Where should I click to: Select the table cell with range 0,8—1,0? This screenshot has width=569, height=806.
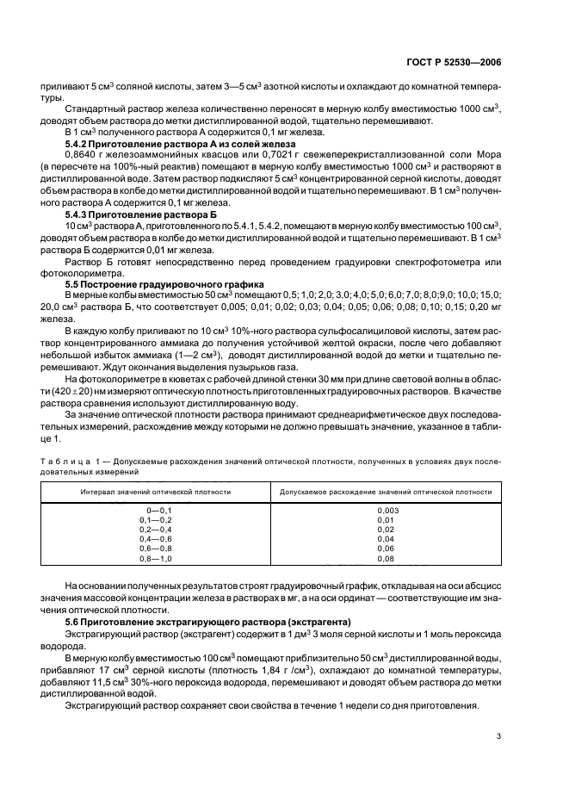(156, 558)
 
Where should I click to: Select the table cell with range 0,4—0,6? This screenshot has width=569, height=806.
(156, 539)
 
